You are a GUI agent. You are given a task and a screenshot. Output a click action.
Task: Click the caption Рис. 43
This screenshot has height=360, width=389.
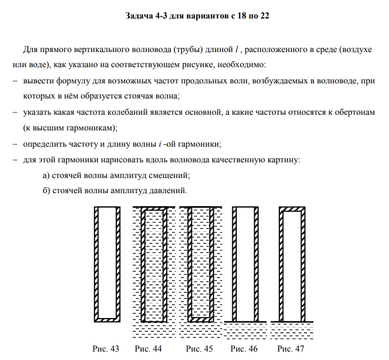[x=106, y=349]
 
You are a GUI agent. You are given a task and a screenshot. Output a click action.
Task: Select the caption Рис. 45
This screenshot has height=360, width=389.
[x=200, y=349]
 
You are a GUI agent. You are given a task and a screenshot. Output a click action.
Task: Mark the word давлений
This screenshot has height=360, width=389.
[x=166, y=191]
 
